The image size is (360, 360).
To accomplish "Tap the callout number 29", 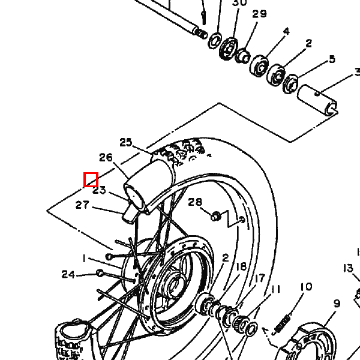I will pos(259,14).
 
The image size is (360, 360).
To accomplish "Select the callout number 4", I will pos(286,31).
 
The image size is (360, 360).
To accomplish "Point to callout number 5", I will pos(332,59).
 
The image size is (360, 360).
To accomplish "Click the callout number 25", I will pos(125,143).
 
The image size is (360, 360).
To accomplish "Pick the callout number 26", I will pos(106,158).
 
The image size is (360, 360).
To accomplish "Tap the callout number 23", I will pos(100,191).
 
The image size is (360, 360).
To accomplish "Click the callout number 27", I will pos(82,205).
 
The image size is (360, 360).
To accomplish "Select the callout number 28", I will pos(195,202).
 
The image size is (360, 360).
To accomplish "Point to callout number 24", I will pos(68,275).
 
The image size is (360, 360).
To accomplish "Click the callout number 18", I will pos(241,267).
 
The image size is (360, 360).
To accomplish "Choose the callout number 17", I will pos(259,278).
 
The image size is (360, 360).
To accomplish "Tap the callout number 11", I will pos(275,290).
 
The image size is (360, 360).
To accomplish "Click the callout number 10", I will pos(306,287).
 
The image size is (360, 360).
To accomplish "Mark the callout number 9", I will pos(337,304).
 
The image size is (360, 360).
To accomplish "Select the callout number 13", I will pos(349,268).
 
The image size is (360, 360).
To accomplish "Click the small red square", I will pos(91,179).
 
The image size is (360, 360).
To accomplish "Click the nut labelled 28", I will pos(215,214).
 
